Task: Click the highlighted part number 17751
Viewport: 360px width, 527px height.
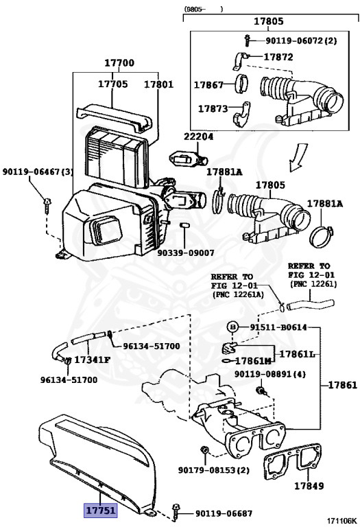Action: (100, 511)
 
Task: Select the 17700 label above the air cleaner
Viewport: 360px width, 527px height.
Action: (119, 63)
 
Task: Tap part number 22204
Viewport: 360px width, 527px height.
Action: (198, 137)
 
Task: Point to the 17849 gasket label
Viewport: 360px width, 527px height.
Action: (309, 486)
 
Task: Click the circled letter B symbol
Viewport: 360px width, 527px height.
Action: (232, 327)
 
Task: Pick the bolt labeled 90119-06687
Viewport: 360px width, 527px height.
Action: (176, 513)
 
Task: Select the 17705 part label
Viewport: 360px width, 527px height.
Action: (113, 84)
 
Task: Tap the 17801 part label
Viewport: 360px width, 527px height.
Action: (158, 84)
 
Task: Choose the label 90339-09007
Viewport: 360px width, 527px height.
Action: (186, 253)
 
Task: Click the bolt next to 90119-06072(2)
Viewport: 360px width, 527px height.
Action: (248, 40)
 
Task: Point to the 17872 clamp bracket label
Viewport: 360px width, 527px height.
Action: (278, 57)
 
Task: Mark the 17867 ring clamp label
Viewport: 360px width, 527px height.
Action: (208, 84)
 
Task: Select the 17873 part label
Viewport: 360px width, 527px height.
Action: (213, 108)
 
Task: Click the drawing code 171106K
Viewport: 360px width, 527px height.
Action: (342, 522)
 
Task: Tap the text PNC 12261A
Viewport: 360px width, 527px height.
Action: (238, 295)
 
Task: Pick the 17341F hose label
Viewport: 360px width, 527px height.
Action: (92, 360)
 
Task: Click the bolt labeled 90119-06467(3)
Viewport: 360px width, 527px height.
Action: (47, 206)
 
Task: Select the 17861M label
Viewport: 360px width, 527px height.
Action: (253, 361)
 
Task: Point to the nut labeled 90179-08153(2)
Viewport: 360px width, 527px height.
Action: (204, 449)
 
